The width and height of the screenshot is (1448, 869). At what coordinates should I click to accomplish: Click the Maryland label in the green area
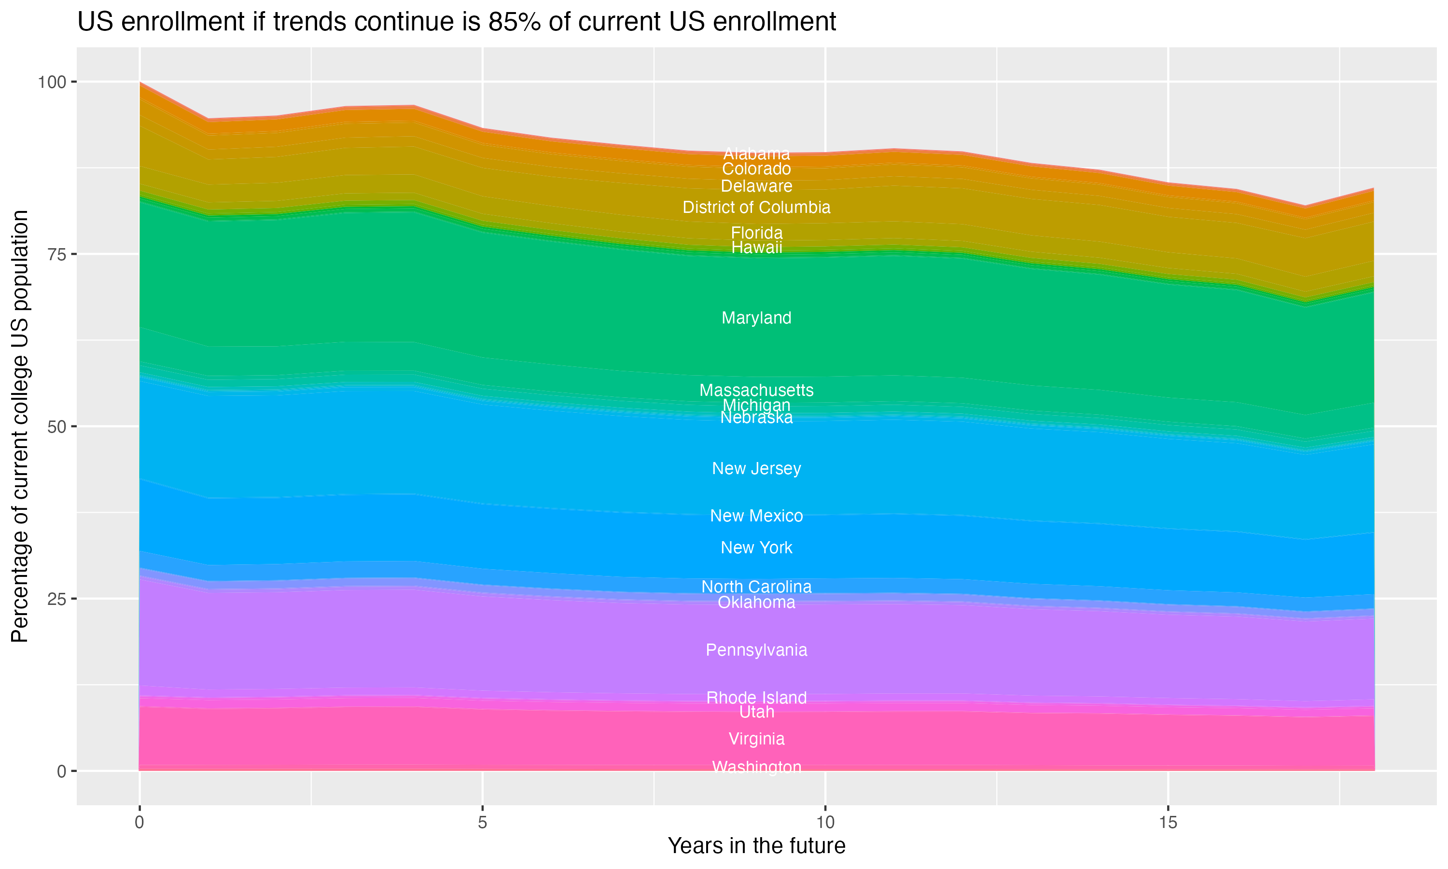coord(756,318)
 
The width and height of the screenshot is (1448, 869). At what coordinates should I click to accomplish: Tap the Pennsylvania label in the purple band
coord(756,650)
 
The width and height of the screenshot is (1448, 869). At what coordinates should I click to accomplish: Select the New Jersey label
coord(756,468)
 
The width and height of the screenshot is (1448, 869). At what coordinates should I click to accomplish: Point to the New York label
coord(756,547)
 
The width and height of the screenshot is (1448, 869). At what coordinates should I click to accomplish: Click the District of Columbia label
coord(756,207)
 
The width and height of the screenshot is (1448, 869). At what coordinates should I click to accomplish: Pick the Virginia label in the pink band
coord(756,739)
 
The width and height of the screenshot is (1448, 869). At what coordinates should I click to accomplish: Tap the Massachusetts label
coord(756,390)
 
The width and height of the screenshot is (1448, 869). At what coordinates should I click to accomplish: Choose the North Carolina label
coord(756,587)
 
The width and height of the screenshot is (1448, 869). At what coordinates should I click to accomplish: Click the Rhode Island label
coord(756,698)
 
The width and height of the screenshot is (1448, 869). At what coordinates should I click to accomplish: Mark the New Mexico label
coord(756,516)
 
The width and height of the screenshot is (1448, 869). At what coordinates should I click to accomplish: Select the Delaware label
coord(756,186)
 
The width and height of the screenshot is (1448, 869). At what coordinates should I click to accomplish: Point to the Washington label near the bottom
coord(756,767)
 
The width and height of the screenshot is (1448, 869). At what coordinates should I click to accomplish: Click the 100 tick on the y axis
coord(52,82)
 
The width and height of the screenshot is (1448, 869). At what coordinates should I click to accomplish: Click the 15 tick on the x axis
coord(1168,823)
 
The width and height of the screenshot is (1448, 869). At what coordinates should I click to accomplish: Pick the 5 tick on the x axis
coord(482,823)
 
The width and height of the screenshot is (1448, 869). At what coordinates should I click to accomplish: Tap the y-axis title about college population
coord(20,426)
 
